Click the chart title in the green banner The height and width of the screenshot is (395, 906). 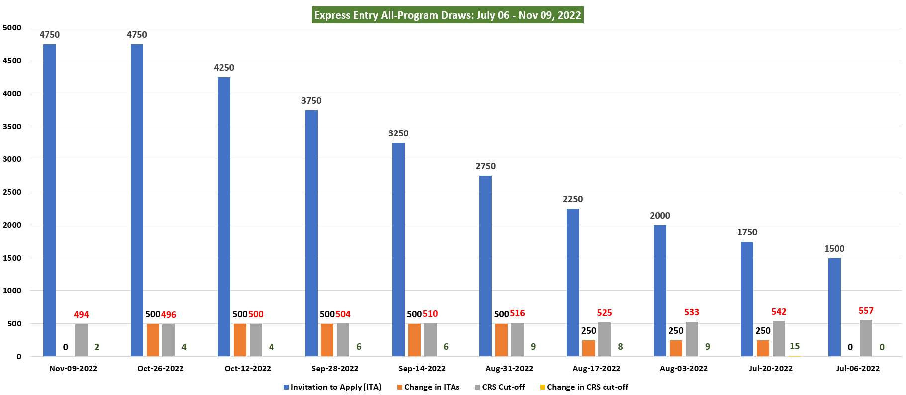pyautogui.click(x=448, y=15)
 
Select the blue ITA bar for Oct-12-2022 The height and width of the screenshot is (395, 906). pyautogui.click(x=224, y=217)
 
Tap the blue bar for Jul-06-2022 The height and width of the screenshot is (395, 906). pyautogui.click(x=834, y=307)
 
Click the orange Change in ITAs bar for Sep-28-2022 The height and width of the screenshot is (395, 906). pyautogui.click(x=327, y=340)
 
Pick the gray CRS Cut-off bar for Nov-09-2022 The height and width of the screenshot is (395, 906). pyautogui.click(x=81, y=340)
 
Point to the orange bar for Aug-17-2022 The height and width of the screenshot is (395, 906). pyautogui.click(x=589, y=348)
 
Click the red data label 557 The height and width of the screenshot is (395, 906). pyautogui.click(x=866, y=311)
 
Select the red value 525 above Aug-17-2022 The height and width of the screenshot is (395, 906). pyautogui.click(x=604, y=313)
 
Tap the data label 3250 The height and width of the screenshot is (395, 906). pyautogui.click(x=398, y=133)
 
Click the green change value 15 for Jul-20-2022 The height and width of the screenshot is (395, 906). pyautogui.click(x=795, y=346)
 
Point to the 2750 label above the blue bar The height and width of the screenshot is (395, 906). pyautogui.click(x=485, y=166)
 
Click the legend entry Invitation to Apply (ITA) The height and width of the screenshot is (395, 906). pyautogui.click(x=333, y=387)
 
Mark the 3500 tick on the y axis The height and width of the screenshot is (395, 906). pyautogui.click(x=12, y=127)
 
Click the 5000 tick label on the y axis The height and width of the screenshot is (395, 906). pyautogui.click(x=12, y=28)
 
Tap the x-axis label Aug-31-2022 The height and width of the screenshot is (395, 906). pyautogui.click(x=509, y=369)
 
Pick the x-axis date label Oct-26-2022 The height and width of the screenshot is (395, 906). pyautogui.click(x=160, y=369)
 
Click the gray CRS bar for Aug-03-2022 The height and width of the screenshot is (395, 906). pyautogui.click(x=692, y=339)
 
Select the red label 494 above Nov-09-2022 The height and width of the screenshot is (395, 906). pyautogui.click(x=81, y=315)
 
